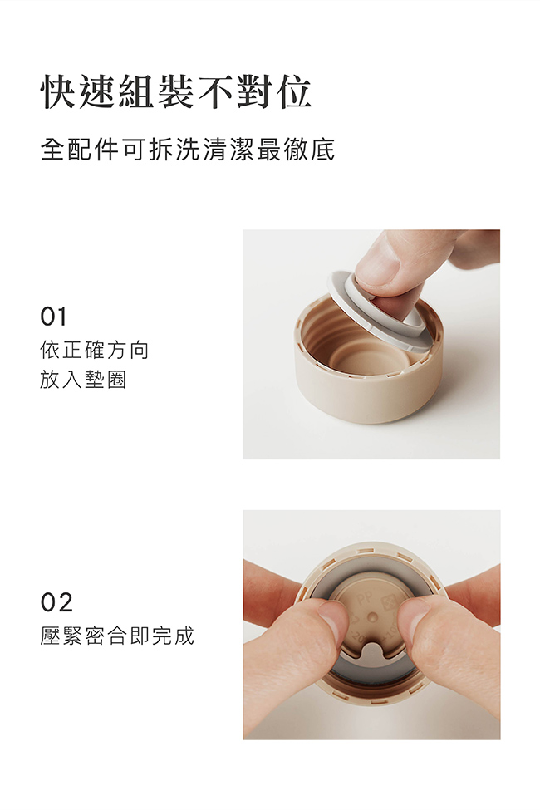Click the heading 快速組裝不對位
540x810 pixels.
[175, 92]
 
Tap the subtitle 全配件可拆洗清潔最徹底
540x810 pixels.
[188, 150]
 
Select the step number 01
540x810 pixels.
[53, 317]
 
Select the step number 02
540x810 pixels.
[56, 602]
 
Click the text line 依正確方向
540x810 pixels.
[94, 351]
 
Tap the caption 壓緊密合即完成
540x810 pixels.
[117, 636]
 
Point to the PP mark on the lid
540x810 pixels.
[364, 599]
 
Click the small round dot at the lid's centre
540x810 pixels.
[372, 617]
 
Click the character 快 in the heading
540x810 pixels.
[59, 92]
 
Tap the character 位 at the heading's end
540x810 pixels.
[293, 92]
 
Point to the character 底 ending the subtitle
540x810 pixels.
[322, 150]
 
